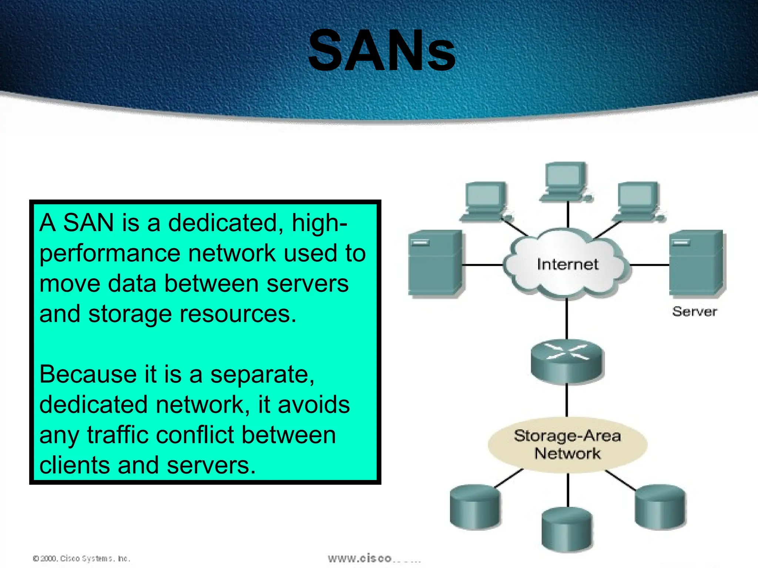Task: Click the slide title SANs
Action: click(x=382, y=51)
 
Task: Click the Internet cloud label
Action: click(x=567, y=264)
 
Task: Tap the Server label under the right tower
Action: click(x=694, y=311)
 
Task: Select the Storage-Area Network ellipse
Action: click(x=567, y=444)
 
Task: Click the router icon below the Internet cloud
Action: click(x=567, y=361)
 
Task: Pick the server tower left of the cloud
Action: click(x=435, y=263)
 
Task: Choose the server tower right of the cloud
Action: click(x=697, y=263)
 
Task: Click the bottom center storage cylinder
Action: click(x=567, y=530)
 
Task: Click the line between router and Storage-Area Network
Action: click(x=567, y=400)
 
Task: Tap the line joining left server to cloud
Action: click(x=482, y=265)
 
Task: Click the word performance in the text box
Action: click(x=110, y=254)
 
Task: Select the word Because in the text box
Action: click(x=88, y=374)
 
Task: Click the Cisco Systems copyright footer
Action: click(x=81, y=558)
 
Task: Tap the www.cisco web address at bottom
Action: click(x=374, y=558)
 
